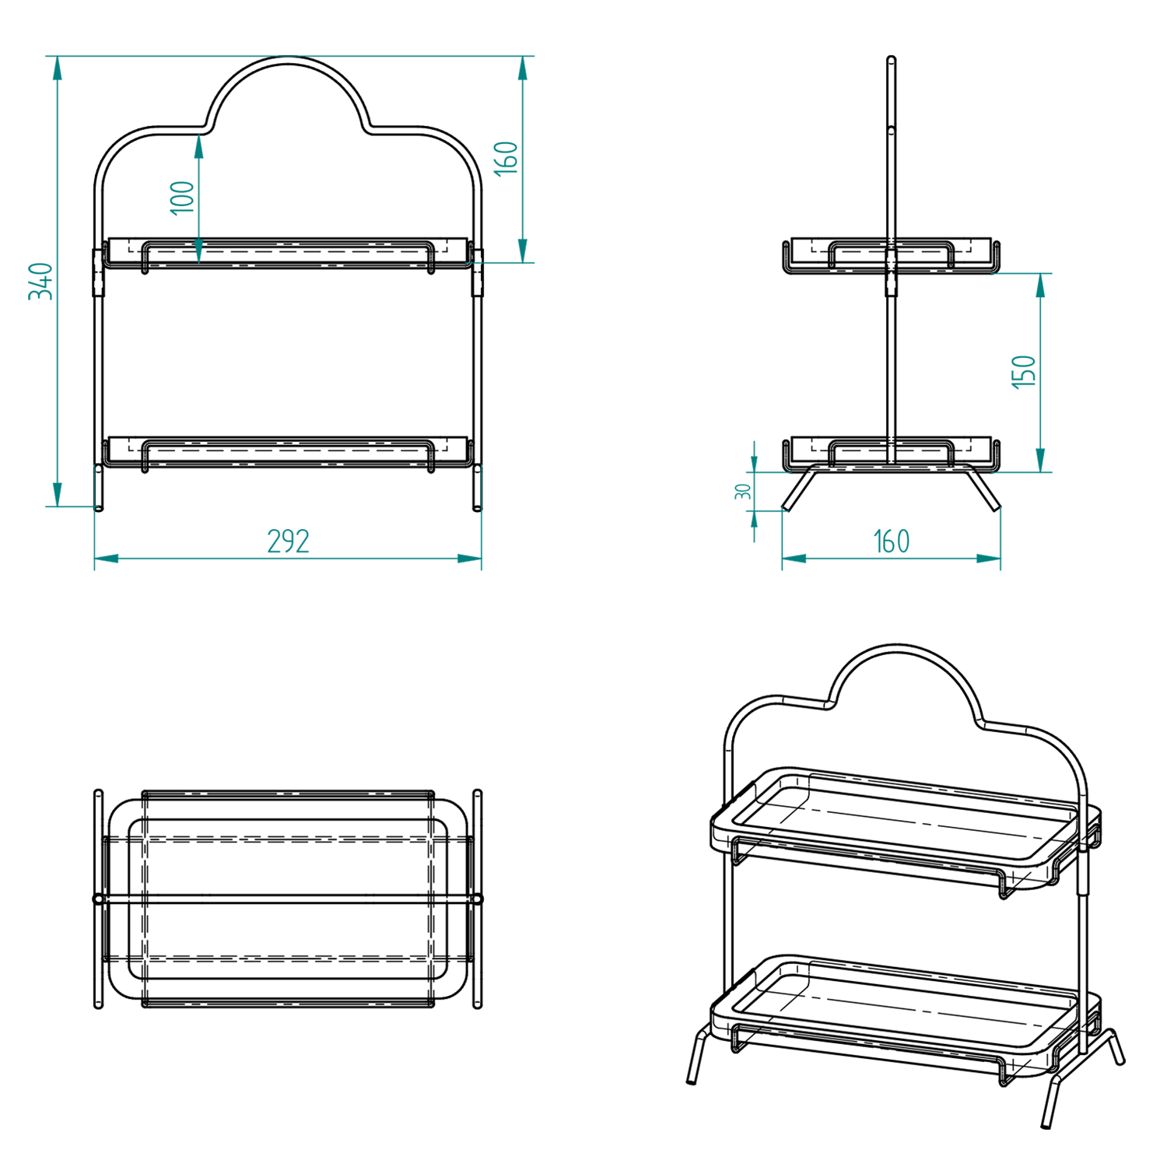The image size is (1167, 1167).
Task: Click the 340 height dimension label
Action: coord(40,281)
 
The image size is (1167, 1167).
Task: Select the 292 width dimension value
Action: coord(288,541)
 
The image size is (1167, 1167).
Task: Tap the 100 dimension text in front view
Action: coord(182,198)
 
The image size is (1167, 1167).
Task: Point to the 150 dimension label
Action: coord(1024,372)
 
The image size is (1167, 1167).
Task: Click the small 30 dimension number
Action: coord(743,492)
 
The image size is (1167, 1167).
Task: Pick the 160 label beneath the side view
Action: coord(891,541)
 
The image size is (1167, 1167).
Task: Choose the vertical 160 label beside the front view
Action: coord(506,158)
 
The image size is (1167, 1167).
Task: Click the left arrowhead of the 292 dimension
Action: coord(107,559)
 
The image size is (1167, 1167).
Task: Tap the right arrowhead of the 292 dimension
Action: coord(469,559)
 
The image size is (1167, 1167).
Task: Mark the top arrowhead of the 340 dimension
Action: coord(57,68)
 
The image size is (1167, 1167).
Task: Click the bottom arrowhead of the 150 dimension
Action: coord(1041,460)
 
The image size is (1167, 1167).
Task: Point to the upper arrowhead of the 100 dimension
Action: coord(199,147)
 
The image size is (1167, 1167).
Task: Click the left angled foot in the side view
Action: coord(799,489)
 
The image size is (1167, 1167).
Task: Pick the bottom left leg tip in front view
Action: coord(99,508)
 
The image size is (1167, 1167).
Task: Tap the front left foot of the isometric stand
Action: coord(691,1080)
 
